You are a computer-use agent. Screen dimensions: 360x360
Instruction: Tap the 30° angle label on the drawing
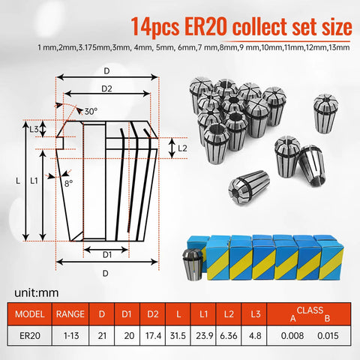click(x=91, y=111)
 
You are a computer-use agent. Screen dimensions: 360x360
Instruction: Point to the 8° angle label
click(x=69, y=182)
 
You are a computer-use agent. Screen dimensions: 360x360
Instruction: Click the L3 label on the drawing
click(x=34, y=129)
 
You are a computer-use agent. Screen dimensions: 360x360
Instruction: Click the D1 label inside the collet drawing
click(x=106, y=253)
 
